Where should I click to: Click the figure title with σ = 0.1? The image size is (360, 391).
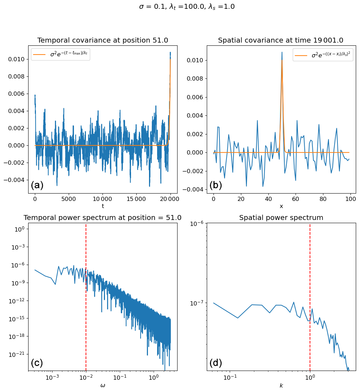tap(187, 7)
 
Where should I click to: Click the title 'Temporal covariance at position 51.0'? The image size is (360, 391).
tap(103, 40)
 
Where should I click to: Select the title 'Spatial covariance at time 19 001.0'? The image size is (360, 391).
tap(281, 40)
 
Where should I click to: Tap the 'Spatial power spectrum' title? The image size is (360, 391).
tap(281, 218)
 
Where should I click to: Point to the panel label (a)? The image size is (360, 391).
tap(37, 185)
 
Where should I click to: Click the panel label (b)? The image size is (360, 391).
tap(216, 185)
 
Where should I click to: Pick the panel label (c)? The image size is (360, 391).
tap(37, 363)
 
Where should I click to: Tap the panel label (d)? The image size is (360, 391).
tap(216, 363)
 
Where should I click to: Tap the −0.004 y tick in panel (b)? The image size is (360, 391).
tap(194, 189)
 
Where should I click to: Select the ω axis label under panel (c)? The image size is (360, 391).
tap(103, 385)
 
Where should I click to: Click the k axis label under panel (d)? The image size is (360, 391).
tap(281, 385)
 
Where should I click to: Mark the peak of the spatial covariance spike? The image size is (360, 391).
tap(282, 52)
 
